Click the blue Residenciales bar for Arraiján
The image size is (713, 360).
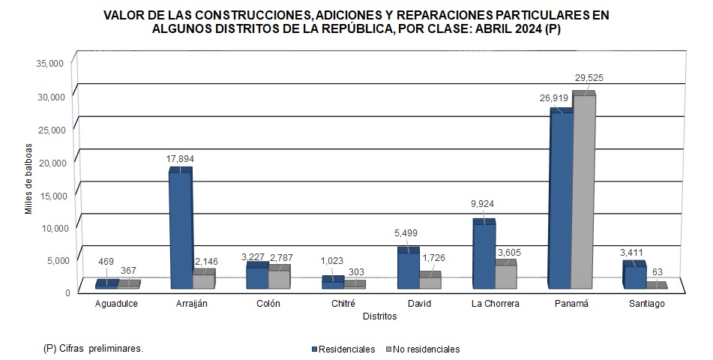click(180, 229)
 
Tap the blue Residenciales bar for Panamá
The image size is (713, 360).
click(560, 199)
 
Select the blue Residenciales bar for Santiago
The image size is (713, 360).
click(634, 276)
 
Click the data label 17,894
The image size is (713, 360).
click(181, 158)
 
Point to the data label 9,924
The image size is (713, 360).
click(483, 204)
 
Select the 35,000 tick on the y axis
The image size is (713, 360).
click(50, 64)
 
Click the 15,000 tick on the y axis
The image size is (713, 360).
click(50, 195)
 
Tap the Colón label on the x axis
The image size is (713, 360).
click(268, 304)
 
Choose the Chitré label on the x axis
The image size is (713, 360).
click(343, 304)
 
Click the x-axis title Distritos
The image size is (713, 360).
click(379, 316)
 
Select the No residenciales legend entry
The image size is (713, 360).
click(423, 349)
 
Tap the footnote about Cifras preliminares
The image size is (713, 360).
click(94, 349)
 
